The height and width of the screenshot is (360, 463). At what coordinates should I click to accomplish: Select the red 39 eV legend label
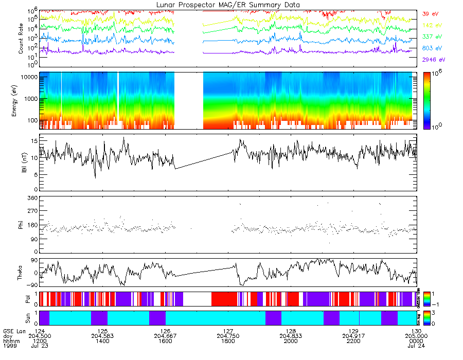(430, 14)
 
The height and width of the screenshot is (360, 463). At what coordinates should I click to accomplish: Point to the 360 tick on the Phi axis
(32, 198)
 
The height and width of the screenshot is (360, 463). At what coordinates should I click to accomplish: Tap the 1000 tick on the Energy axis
(30, 98)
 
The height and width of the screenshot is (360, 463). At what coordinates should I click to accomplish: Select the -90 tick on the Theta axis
(31, 285)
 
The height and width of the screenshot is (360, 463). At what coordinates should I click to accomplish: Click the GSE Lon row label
(14, 331)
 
